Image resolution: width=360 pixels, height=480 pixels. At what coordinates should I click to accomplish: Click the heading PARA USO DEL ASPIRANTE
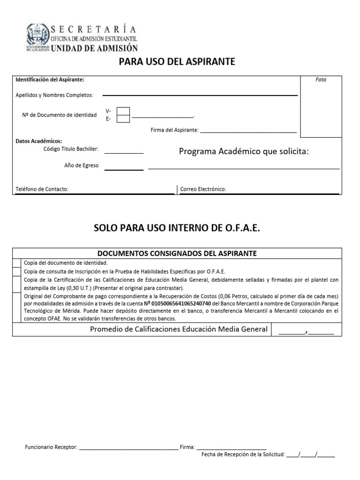(x=177, y=62)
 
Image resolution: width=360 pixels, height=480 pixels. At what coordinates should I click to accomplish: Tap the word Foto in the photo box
(x=321, y=80)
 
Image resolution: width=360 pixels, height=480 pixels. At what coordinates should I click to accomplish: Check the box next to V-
(x=123, y=111)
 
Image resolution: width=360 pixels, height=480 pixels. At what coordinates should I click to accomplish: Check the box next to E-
(x=123, y=119)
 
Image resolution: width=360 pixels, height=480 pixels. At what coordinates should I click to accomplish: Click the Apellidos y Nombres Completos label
(x=54, y=95)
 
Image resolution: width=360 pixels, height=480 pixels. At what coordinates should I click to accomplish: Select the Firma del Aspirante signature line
(x=248, y=131)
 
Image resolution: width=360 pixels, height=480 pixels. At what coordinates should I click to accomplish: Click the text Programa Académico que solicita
(x=244, y=151)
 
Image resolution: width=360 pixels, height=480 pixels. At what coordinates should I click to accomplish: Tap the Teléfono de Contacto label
(x=42, y=189)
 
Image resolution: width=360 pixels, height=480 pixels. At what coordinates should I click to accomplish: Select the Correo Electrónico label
(x=203, y=189)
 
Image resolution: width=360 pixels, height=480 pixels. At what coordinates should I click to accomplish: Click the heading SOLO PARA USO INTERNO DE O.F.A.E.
(x=177, y=228)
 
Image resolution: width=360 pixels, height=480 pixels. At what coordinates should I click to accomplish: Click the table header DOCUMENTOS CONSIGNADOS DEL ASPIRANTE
(x=177, y=253)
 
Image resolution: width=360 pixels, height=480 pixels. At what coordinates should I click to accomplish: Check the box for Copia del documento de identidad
(x=16, y=263)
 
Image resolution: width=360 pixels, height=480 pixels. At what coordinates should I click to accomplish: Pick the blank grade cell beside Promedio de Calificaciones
(x=306, y=330)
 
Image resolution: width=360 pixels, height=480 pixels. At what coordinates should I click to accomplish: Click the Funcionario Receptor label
(x=51, y=447)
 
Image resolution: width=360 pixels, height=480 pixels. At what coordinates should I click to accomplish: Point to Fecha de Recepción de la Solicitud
(x=243, y=455)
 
